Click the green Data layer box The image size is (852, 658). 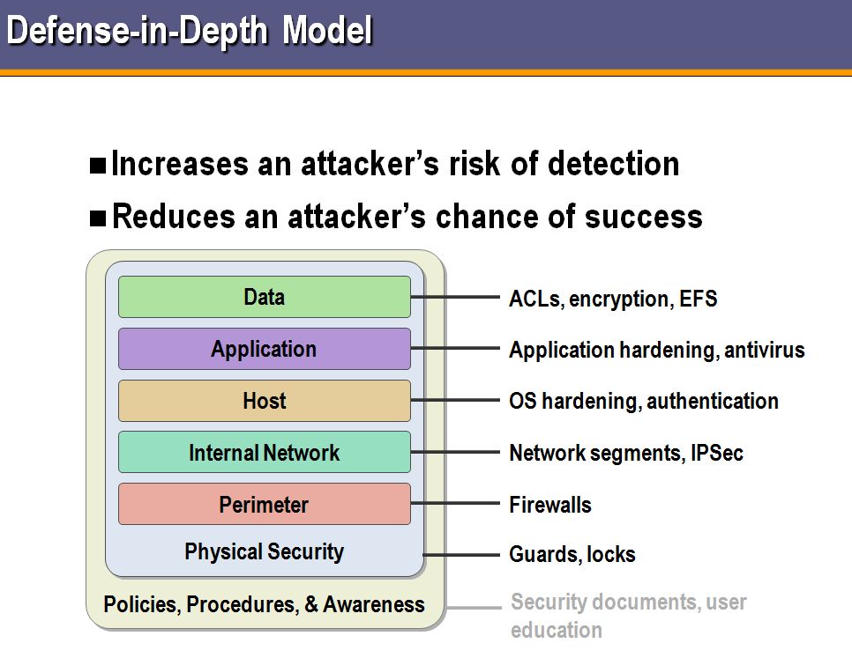tap(264, 297)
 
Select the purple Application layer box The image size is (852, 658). tap(264, 349)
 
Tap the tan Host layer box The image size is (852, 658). tap(264, 401)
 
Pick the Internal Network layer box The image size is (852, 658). tap(264, 453)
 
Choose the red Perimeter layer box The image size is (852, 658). tap(264, 505)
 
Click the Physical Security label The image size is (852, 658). tap(264, 552)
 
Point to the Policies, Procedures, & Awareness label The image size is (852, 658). tap(264, 605)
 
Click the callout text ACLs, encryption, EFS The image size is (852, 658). tap(613, 299)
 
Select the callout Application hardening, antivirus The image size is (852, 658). tap(656, 350)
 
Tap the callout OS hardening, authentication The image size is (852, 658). tap(643, 402)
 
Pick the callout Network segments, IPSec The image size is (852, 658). tap(626, 454)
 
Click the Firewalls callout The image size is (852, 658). tap(550, 505)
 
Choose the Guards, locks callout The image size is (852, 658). tap(572, 555)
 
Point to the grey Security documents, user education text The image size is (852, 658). tap(628, 616)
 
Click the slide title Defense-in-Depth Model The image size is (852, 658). tap(190, 31)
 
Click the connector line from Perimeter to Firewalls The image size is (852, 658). tap(454, 504)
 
